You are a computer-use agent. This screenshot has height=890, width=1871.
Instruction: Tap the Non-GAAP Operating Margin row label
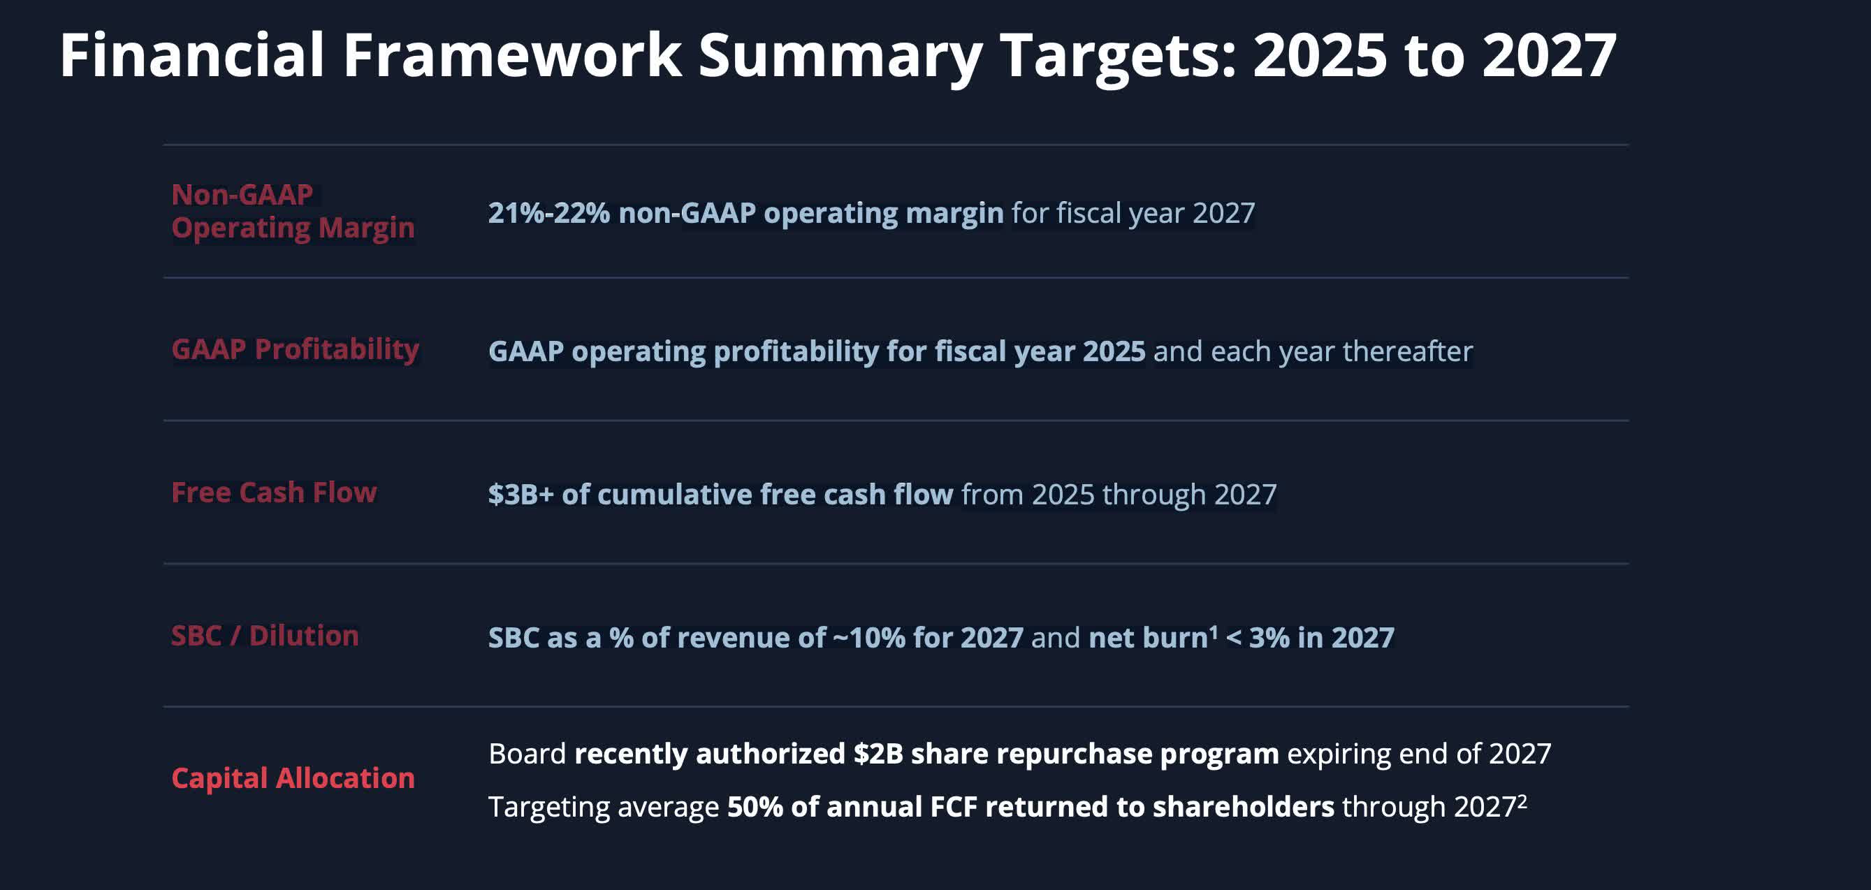tap(293, 211)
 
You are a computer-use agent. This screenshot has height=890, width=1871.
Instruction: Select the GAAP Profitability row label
tap(295, 349)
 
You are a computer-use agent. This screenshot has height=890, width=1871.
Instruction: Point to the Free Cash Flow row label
tap(274, 493)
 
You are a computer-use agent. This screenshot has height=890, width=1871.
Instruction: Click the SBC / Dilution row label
tap(265, 636)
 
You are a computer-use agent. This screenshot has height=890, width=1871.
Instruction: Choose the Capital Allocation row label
tap(293, 778)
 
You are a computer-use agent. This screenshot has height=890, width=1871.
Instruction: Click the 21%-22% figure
tap(548, 213)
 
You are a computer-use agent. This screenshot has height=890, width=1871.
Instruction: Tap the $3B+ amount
tap(520, 495)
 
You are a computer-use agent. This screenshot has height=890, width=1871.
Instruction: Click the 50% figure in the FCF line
tap(755, 807)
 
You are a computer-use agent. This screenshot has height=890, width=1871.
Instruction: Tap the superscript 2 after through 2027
tap(1522, 800)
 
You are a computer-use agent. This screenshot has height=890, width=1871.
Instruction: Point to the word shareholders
tap(1243, 807)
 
